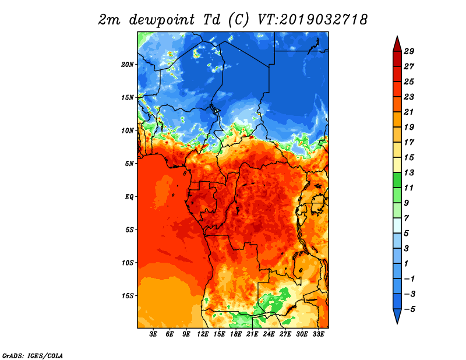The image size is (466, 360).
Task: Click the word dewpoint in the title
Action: (x=162, y=20)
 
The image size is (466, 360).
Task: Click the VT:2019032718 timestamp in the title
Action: (x=312, y=20)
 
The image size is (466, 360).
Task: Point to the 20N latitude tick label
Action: (x=128, y=64)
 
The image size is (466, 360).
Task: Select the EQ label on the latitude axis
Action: (x=129, y=196)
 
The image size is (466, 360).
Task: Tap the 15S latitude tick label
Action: (x=128, y=296)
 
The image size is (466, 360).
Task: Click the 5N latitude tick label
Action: (x=129, y=164)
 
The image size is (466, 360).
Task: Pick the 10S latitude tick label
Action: (x=128, y=263)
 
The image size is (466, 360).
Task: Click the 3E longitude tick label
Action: (x=153, y=334)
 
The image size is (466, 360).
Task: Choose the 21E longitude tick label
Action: (x=252, y=334)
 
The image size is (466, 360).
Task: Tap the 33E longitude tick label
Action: (x=318, y=334)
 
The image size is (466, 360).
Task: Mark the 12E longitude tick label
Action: (x=202, y=334)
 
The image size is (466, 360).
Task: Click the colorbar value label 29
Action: (x=409, y=51)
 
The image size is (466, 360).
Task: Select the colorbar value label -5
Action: (x=409, y=309)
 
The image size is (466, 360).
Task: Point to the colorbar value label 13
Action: (x=409, y=172)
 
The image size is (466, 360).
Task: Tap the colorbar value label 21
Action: (x=409, y=112)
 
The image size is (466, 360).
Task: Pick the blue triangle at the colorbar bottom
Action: (x=397, y=315)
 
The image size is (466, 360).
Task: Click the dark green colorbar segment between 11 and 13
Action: (x=397, y=180)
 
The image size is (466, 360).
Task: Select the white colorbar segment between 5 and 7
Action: (x=397, y=225)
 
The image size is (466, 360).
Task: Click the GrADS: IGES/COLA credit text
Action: (x=33, y=355)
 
